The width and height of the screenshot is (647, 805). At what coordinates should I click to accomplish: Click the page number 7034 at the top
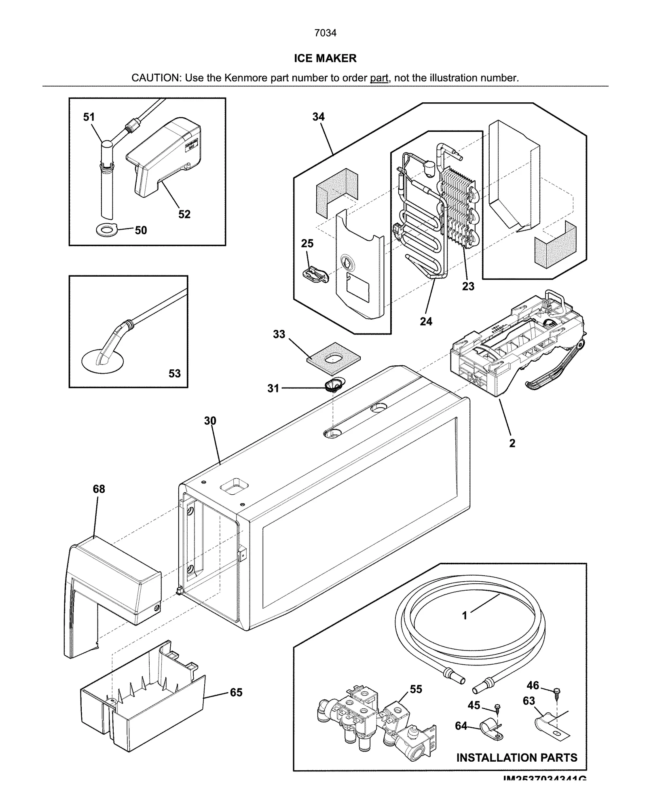[x=325, y=33]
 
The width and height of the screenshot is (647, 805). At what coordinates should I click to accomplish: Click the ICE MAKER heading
[x=325, y=59]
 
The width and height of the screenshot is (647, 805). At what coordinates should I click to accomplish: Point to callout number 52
[x=184, y=214]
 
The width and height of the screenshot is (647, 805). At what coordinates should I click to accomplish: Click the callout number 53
[x=175, y=373]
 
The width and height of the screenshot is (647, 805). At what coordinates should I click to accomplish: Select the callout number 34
[x=319, y=117]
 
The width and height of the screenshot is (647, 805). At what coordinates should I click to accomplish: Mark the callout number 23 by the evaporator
[x=468, y=286]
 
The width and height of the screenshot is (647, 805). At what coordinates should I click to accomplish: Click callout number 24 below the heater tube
[x=426, y=322]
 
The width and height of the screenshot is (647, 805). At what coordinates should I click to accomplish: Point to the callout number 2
[x=512, y=443]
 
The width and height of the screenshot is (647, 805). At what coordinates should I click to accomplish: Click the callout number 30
[x=210, y=421]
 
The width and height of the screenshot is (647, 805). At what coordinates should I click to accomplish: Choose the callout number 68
[x=99, y=489]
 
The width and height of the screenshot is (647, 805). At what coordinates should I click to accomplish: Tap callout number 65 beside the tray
[x=236, y=693]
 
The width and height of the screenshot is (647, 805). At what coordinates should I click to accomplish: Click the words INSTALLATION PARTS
[x=517, y=758]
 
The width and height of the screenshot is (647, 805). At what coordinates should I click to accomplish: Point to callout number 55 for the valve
[x=416, y=689]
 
